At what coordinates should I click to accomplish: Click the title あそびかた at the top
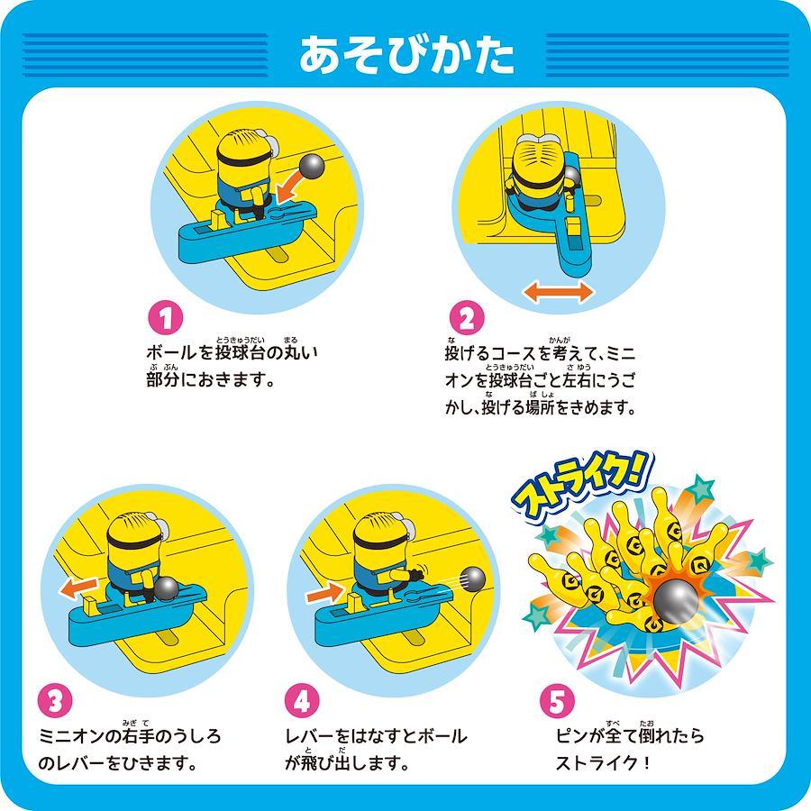point(406,55)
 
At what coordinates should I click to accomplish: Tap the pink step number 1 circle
point(166,319)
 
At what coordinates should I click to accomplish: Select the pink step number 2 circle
point(467,319)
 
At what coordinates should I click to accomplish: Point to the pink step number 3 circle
point(56,701)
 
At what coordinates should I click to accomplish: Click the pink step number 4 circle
point(302,701)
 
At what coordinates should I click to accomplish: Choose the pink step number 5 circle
point(558,701)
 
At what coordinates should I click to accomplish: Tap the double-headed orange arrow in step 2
point(559,292)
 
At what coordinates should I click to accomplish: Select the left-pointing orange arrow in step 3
point(78,588)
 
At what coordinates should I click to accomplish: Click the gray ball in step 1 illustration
point(313,166)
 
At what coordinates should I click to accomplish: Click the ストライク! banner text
point(583,485)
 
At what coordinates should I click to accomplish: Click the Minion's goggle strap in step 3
point(132,542)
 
